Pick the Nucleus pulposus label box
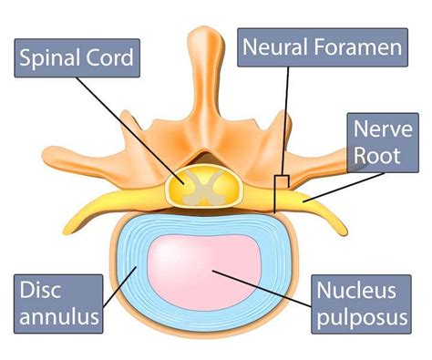[x=357, y=305]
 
